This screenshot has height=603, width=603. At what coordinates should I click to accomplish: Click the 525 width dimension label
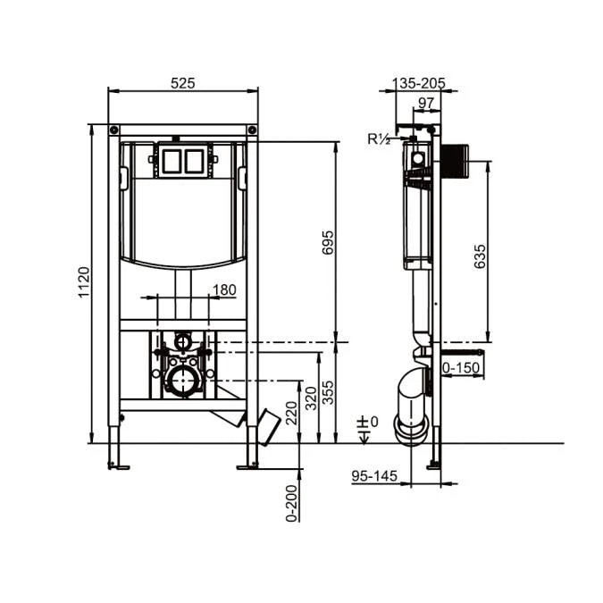click(182, 83)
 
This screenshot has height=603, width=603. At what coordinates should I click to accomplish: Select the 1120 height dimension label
click(84, 282)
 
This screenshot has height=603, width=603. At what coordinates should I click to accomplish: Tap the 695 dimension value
click(328, 242)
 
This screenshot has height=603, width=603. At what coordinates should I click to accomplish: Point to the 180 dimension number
click(224, 289)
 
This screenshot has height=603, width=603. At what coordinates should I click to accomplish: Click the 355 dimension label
click(328, 392)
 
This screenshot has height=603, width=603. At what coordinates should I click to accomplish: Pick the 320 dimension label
click(311, 398)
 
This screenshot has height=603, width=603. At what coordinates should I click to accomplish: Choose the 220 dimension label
click(292, 413)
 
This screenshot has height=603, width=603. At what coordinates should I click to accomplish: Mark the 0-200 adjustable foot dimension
click(292, 503)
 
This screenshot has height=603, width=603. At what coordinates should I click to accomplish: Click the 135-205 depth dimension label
click(418, 83)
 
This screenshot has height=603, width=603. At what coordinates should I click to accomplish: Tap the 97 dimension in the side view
click(426, 103)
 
